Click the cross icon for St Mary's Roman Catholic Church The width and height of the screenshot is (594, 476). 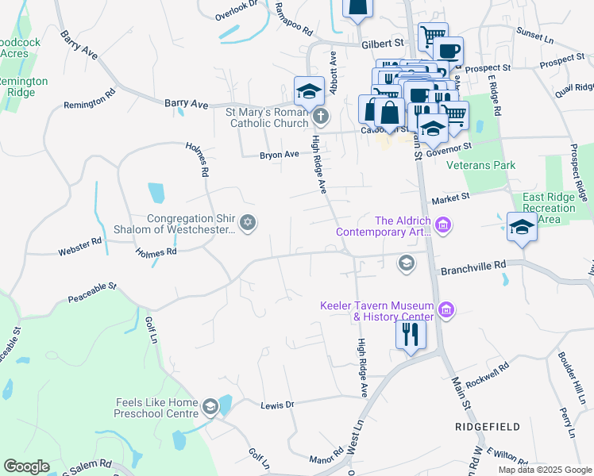pos(320,117)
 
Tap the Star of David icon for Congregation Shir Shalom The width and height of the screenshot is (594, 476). pos(248,222)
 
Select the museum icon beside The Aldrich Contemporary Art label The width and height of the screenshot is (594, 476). pos(444,226)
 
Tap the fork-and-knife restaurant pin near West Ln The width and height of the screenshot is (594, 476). pos(411,333)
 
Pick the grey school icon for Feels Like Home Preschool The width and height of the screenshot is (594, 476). pos(210,408)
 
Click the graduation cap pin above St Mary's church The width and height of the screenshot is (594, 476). pos(309,91)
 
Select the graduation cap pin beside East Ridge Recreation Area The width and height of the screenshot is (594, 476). pos(522,226)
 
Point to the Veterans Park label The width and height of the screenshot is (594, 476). pos(480,166)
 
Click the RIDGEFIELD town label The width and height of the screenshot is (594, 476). pos(488,427)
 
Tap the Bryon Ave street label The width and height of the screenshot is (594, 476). pos(279,155)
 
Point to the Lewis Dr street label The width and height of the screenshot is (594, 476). pos(277,405)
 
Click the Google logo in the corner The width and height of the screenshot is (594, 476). pos(26,466)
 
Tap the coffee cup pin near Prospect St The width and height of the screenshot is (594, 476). pos(449,51)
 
